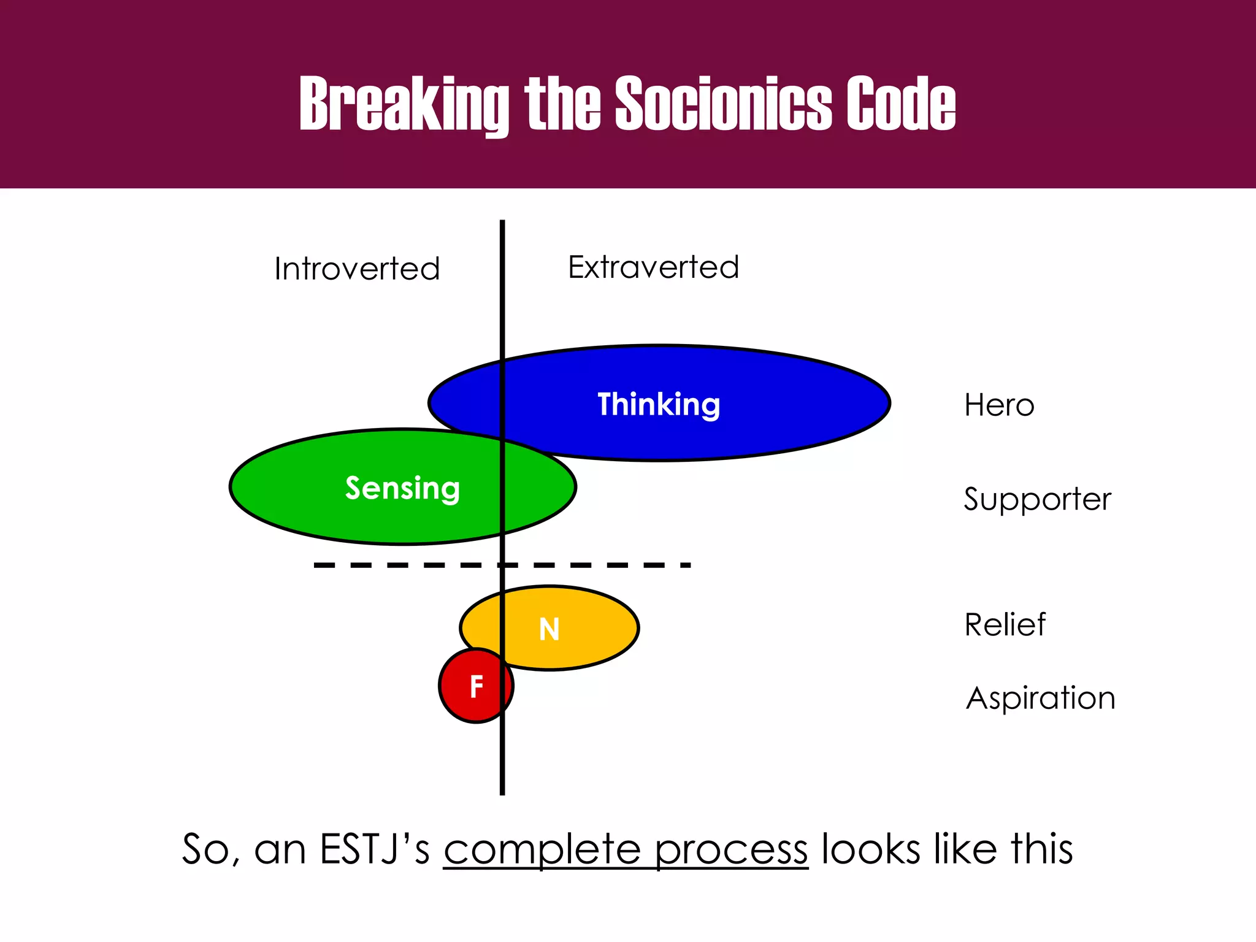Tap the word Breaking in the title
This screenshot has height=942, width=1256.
pyautogui.click(x=404, y=104)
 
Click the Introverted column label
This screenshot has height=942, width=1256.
pyautogui.click(x=357, y=269)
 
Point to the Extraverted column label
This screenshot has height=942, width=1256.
pyautogui.click(x=653, y=267)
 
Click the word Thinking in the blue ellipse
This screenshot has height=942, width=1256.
pyautogui.click(x=659, y=404)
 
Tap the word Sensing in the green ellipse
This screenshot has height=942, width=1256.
pyautogui.click(x=402, y=488)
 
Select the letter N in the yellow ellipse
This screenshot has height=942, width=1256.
pyautogui.click(x=549, y=629)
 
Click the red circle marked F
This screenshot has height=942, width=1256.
pyautogui.click(x=476, y=686)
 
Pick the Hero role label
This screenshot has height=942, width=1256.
pyautogui.click(x=999, y=405)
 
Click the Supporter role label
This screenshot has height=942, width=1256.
pyautogui.click(x=1037, y=499)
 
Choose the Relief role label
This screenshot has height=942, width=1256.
pyautogui.click(x=1005, y=625)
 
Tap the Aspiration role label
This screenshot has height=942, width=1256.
pyautogui.click(x=1040, y=698)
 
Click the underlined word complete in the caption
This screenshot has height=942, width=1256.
pyautogui.click(x=543, y=850)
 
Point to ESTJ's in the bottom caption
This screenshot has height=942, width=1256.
pyautogui.click(x=375, y=849)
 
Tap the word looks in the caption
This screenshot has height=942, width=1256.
pyautogui.click(x=871, y=849)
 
